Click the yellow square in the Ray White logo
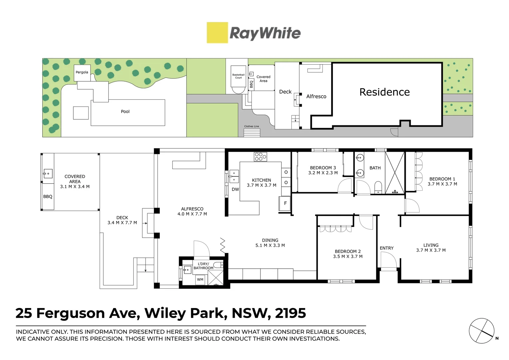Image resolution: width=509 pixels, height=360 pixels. (217, 33)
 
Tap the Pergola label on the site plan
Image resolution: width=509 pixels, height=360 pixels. (82, 72)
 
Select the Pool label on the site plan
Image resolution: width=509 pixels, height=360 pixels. (125, 112)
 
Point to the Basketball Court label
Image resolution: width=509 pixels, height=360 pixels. (239, 76)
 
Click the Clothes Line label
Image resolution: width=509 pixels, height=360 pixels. (252, 126)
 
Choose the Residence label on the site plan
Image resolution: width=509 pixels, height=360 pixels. (384, 92)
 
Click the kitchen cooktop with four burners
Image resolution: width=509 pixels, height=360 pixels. (260, 157)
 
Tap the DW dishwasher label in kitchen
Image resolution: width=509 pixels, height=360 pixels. (235, 189)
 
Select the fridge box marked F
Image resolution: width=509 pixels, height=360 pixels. (285, 203)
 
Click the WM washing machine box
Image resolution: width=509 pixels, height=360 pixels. (200, 279)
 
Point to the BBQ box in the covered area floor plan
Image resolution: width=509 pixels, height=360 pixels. (48, 197)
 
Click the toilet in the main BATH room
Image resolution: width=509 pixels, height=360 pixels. (378, 187)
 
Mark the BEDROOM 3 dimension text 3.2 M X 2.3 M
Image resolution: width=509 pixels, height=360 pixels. (323, 173)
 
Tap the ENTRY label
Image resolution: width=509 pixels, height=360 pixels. (386, 248)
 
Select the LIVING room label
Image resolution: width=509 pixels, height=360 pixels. (431, 245)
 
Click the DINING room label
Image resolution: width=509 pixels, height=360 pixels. (270, 240)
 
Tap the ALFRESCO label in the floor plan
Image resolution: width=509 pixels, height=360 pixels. (192, 209)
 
